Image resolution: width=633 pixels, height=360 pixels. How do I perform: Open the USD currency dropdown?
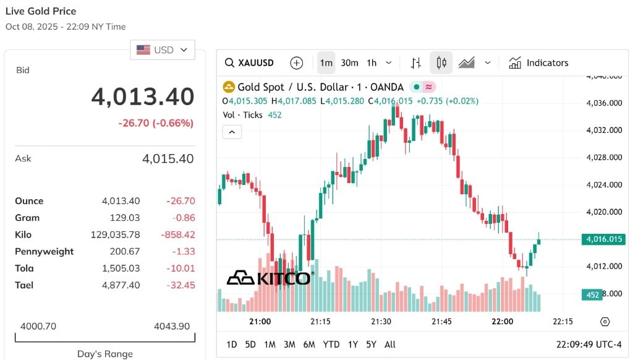(163, 49)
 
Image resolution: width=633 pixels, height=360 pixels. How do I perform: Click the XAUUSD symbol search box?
(250, 62)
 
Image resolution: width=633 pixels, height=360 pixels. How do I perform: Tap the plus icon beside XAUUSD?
(297, 62)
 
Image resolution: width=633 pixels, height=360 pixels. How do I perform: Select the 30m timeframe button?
(350, 62)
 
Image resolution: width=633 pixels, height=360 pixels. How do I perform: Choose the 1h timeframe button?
(372, 62)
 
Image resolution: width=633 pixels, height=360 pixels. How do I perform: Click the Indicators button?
(538, 62)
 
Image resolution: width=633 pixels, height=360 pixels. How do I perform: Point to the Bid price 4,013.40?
(143, 96)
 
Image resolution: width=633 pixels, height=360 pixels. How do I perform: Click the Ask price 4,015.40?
(168, 158)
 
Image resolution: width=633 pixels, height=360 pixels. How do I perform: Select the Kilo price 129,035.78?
(116, 234)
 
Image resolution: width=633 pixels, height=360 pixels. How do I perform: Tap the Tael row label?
(24, 285)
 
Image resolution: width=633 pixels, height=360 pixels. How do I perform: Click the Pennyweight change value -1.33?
(184, 251)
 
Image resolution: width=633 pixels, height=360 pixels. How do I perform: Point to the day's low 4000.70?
(38, 326)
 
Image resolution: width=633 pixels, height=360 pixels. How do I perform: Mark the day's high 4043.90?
(172, 326)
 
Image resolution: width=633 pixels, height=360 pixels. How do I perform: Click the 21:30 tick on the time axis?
(381, 321)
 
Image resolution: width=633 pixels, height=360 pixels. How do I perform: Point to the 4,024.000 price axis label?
(604, 185)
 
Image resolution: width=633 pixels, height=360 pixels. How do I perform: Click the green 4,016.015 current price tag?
(604, 239)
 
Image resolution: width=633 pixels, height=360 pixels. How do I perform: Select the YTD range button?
(331, 345)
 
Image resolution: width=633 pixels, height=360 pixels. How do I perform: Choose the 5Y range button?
(371, 345)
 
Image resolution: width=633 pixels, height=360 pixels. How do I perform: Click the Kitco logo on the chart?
(270, 278)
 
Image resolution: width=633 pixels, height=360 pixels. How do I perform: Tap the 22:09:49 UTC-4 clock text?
(589, 345)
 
